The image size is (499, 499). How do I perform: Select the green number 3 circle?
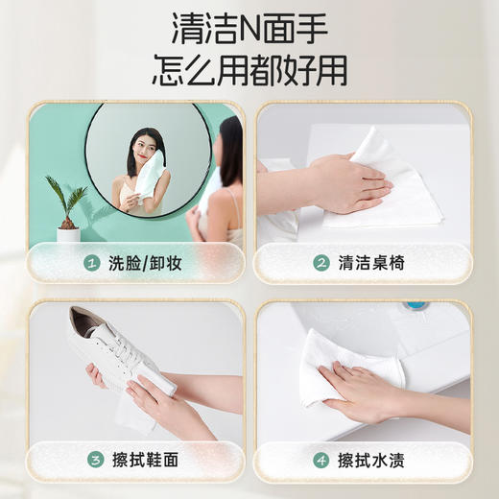pyautogui.click(x=91, y=461)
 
